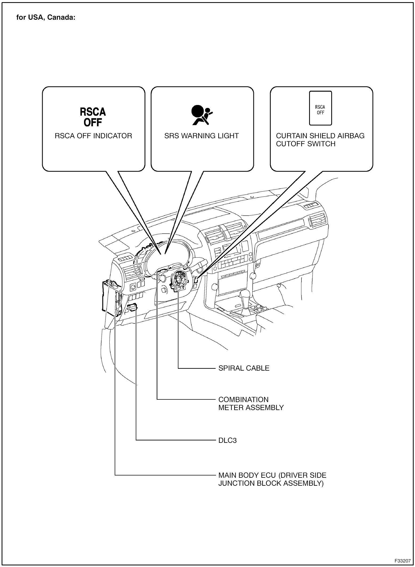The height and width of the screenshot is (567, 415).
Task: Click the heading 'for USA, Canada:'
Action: (x=46, y=18)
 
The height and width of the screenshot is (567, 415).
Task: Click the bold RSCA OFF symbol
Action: (x=93, y=117)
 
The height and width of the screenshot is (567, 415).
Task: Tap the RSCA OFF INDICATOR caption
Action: (x=93, y=136)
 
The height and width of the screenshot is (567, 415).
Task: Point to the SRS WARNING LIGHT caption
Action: (x=201, y=136)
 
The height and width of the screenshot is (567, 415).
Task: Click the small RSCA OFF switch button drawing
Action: (x=320, y=108)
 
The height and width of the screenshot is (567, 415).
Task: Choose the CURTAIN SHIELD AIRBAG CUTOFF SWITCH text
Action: (x=320, y=140)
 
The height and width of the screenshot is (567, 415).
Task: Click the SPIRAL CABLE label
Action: (x=244, y=368)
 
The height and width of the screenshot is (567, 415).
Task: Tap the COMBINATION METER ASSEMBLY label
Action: (x=251, y=403)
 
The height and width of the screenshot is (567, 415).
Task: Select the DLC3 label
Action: (x=228, y=440)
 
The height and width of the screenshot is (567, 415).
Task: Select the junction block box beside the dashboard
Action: (x=110, y=296)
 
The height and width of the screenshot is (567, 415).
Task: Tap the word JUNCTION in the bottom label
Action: (x=236, y=483)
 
